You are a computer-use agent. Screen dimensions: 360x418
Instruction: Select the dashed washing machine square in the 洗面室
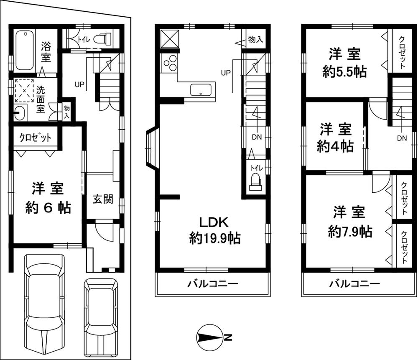click(24, 90)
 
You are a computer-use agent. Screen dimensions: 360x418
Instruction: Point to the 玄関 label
click(102, 199)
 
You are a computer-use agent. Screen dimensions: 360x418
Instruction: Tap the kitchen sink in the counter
click(201, 90)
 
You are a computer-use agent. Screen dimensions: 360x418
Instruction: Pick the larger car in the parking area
click(45, 303)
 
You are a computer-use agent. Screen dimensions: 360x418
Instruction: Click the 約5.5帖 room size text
click(344, 72)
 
